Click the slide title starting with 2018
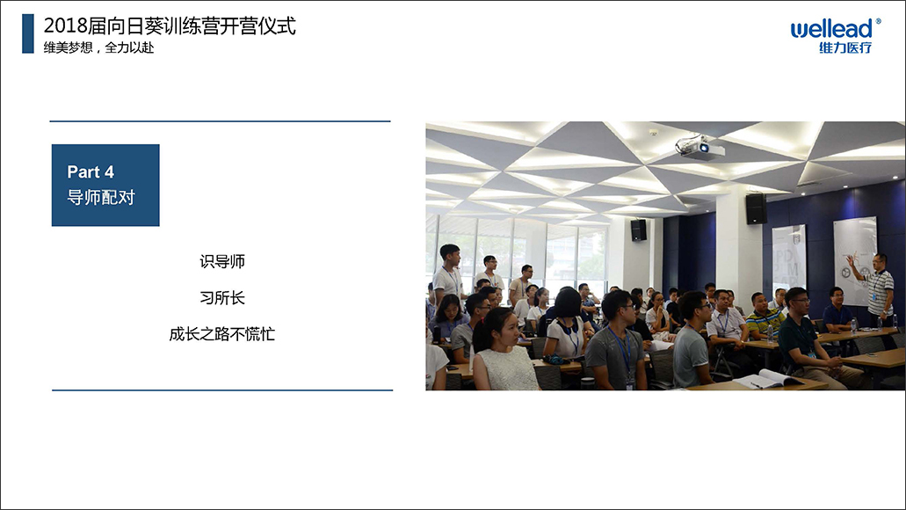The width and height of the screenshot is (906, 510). [x=170, y=26]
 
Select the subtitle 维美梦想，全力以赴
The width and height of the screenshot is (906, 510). [x=98, y=47]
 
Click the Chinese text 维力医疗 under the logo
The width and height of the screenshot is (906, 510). [x=845, y=47]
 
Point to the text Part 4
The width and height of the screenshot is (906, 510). [x=91, y=171]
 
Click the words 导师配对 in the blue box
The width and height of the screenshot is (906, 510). [x=101, y=197]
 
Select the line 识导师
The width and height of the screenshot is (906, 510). [x=222, y=261]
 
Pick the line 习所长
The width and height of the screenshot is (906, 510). [x=222, y=298]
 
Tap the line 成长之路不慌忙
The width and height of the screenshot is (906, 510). [x=221, y=334]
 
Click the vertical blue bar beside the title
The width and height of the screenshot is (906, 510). [x=28, y=33]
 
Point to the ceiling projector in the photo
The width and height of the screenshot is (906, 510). [x=699, y=146]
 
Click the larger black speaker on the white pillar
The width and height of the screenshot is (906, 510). [x=756, y=208]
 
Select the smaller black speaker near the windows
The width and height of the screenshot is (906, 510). [x=639, y=230]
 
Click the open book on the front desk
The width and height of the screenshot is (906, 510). [x=768, y=379]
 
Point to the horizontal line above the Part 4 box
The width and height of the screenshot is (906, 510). [x=221, y=121]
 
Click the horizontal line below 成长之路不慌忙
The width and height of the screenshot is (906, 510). [x=222, y=390]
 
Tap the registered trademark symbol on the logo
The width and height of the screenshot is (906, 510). [x=879, y=21]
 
